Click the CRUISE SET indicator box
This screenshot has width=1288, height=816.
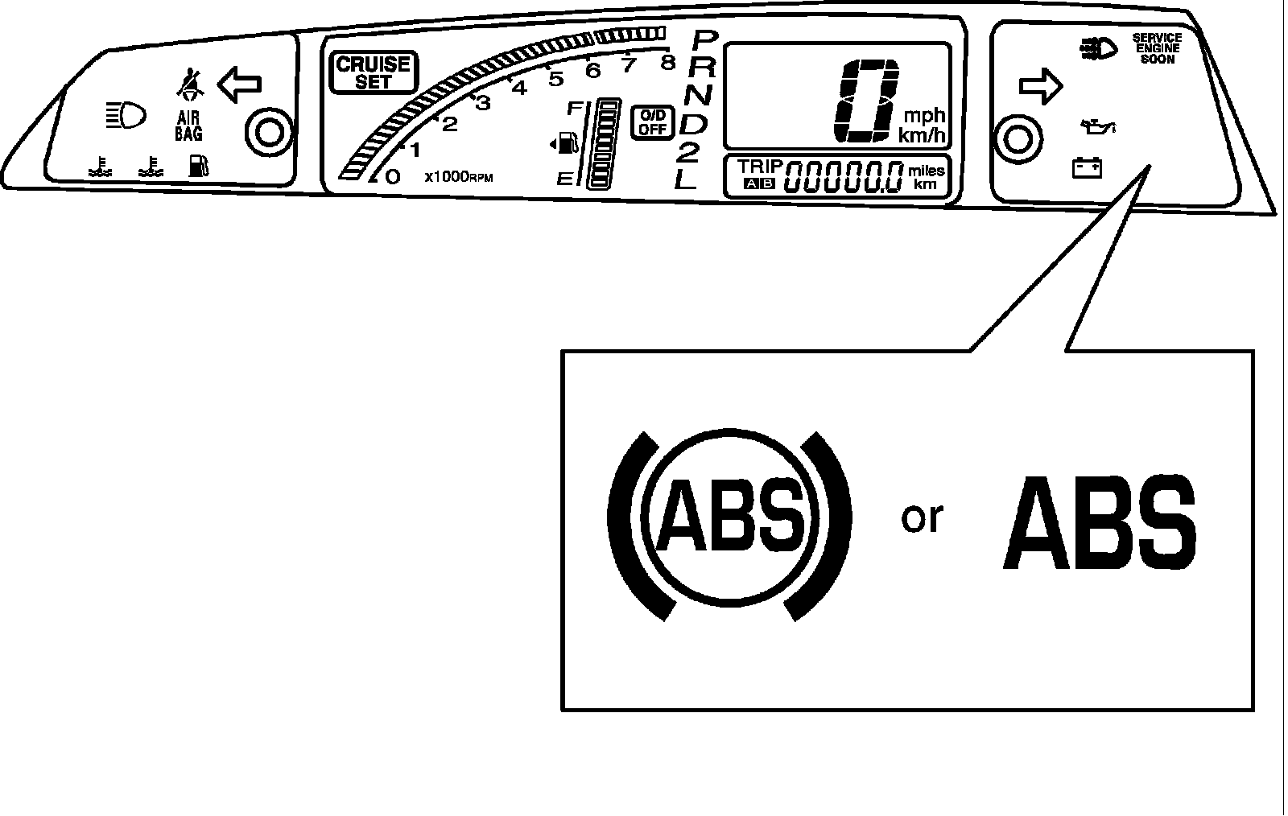[x=374, y=72]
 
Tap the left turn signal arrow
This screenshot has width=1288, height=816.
[x=239, y=84]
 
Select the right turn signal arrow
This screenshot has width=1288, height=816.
[x=1041, y=86]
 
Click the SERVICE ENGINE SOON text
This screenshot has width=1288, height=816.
[x=1156, y=48]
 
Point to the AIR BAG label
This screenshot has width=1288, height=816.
[x=188, y=126]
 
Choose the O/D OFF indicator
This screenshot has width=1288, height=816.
[x=652, y=122]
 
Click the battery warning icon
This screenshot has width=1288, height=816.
[x=1087, y=168]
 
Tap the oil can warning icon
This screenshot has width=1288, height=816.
[x=1097, y=126]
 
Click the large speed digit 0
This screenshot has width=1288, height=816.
[x=866, y=101]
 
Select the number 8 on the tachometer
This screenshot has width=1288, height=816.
[x=667, y=62]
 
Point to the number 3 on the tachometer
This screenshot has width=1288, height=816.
[x=483, y=103]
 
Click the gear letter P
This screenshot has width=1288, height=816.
[x=704, y=40]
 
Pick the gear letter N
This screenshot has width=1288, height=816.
[x=698, y=95]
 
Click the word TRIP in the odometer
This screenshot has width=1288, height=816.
[x=760, y=167]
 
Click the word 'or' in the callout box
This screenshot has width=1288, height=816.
[x=922, y=517]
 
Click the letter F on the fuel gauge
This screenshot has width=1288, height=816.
[x=576, y=108]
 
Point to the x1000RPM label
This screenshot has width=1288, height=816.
[x=458, y=176]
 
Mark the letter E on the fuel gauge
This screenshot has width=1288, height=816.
[x=564, y=179]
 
